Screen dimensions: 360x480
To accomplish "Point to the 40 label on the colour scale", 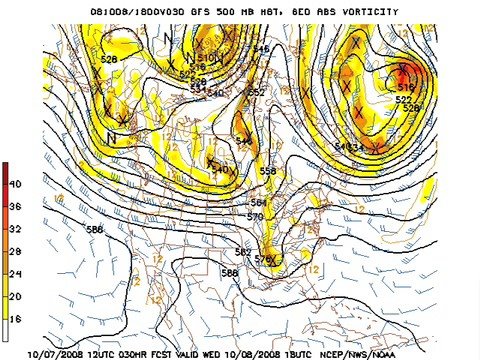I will (x=15, y=185).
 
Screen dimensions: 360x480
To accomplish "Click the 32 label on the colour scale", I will (x=15, y=227).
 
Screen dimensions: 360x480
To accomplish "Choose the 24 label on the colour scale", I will (x=15, y=273).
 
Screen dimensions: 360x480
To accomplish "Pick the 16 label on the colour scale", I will (x=15, y=318).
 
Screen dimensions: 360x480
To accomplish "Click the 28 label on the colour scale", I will (x=15, y=250).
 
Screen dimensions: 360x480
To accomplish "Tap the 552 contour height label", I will (x=256, y=93).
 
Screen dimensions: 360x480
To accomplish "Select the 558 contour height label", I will (x=267, y=172).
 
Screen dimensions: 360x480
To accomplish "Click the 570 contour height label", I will (x=255, y=216).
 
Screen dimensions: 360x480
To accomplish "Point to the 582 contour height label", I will (x=243, y=252).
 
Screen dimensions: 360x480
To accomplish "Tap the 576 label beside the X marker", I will (x=263, y=260).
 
